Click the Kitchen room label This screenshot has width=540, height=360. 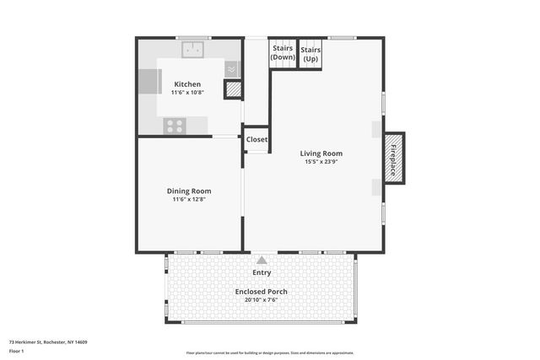pyautogui.click(x=187, y=84)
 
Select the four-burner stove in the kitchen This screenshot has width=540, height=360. pyautogui.click(x=175, y=125)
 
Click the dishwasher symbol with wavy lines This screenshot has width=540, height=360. pyautogui.click(x=231, y=68)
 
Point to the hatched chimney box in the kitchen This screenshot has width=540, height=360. pyautogui.click(x=232, y=89)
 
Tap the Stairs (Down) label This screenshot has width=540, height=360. pyautogui.click(x=283, y=53)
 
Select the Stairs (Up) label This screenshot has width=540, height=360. pyautogui.click(x=310, y=53)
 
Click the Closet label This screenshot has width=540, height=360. pyautogui.click(x=256, y=140)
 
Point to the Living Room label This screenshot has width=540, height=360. pyautogui.click(x=321, y=153)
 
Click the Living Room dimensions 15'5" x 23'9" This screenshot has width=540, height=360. pyautogui.click(x=321, y=162)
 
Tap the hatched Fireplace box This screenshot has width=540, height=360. pyautogui.click(x=394, y=156)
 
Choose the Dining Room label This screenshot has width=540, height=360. pyautogui.click(x=189, y=191)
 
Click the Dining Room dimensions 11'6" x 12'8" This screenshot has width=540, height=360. pyautogui.click(x=189, y=200)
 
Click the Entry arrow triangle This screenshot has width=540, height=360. pyautogui.click(x=262, y=261)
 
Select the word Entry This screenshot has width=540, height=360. pyautogui.click(x=262, y=272)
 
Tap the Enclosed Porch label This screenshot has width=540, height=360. pyautogui.click(x=261, y=292)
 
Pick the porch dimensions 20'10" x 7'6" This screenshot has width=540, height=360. pyautogui.click(x=261, y=300)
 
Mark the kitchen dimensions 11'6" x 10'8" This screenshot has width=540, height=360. pyautogui.click(x=187, y=93)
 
